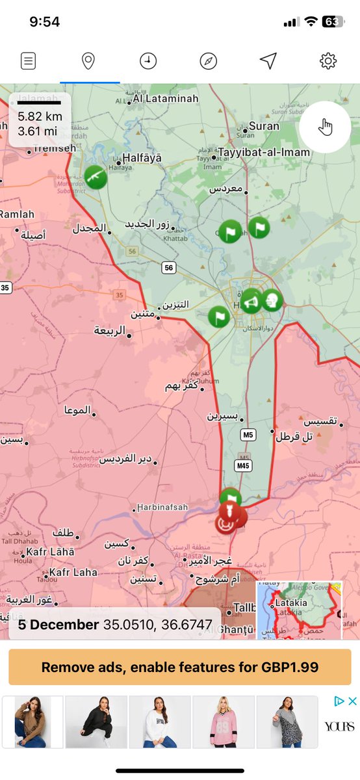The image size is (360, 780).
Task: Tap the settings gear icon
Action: click(328, 61)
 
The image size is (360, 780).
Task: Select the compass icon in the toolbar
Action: click(208, 61)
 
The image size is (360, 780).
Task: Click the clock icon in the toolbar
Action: click(148, 61)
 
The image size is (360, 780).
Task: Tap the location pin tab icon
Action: click(88, 61)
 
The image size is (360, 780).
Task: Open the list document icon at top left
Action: click(28, 61)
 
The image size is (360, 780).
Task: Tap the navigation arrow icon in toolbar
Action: click(268, 61)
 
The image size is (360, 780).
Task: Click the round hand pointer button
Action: click(325, 127)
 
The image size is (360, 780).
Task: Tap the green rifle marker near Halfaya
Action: click(96, 177)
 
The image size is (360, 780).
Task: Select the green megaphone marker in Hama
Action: click(251, 302)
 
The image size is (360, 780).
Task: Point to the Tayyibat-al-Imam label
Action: click(264, 153)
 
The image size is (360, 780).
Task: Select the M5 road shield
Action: click(247, 434)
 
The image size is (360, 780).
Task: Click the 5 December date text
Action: click(58, 625)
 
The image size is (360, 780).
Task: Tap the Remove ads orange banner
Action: click(180, 667)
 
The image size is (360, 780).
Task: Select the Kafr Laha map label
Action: click(73, 572)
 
